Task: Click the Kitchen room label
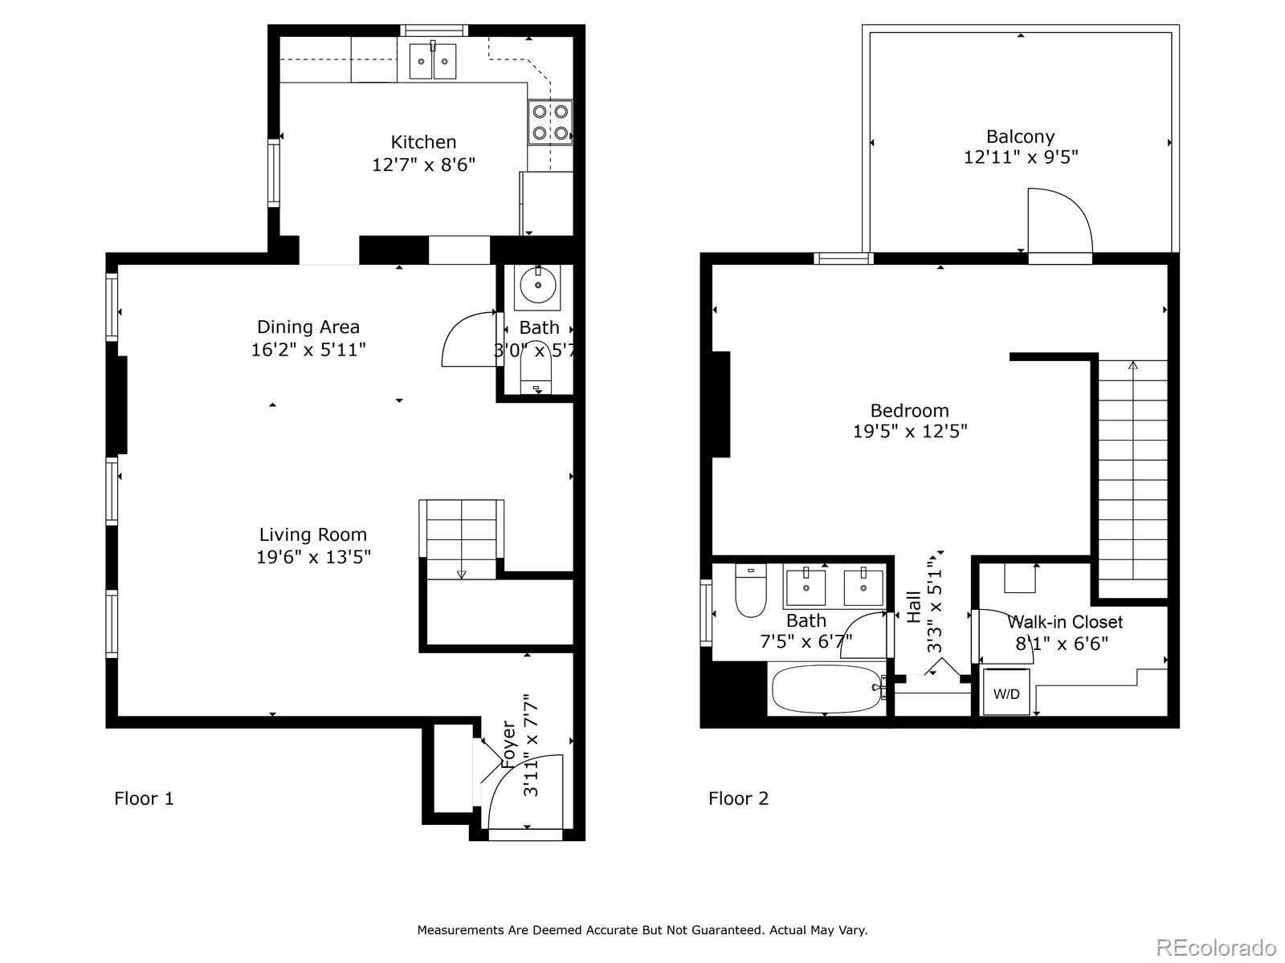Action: coord(423,142)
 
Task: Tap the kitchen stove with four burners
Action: coord(549,122)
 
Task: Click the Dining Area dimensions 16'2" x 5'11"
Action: coord(308,350)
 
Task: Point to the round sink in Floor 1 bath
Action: coord(538,286)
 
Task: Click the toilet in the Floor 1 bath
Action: coord(536,368)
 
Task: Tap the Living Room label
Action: coord(313,534)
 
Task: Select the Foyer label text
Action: coord(508,745)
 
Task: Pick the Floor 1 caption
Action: coord(144,798)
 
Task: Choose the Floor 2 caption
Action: coord(738,798)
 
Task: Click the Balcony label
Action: coord(1021,136)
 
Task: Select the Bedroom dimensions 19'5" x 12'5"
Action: coord(910,432)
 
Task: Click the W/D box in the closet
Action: coord(1006,693)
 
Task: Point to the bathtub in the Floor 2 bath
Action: coord(826,689)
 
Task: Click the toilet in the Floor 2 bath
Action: coord(750,591)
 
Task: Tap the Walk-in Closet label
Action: coord(1065,621)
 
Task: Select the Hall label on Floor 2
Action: coord(914,607)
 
